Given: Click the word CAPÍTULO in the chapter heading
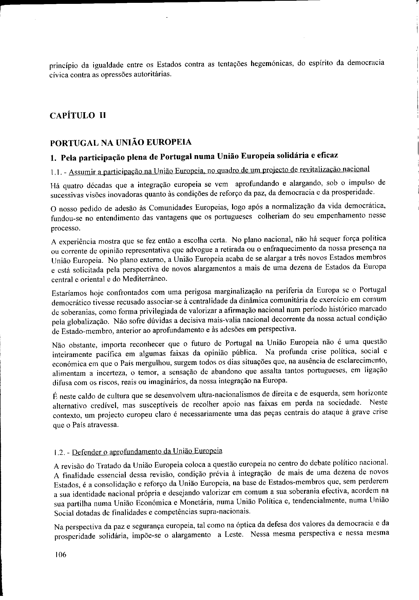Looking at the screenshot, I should coord(72,116).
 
